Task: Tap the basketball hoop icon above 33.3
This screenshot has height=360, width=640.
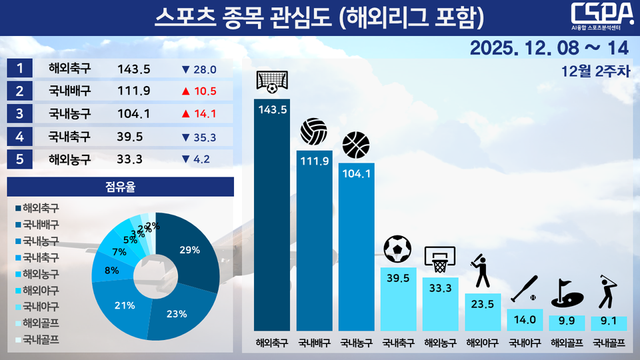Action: click(x=440, y=258)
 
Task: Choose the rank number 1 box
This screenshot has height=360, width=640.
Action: click(x=18, y=69)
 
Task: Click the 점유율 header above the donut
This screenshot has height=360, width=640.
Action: click(x=119, y=187)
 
